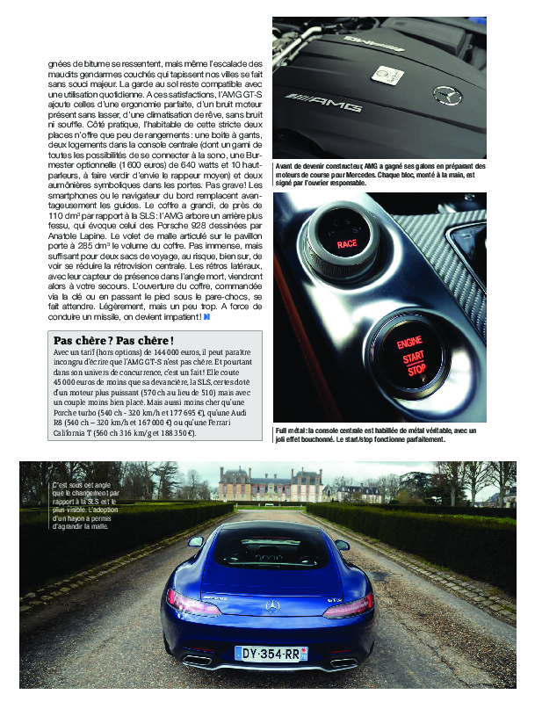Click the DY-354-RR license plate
pyautogui.click(x=271, y=654)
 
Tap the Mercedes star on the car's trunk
pyautogui.click(x=272, y=604)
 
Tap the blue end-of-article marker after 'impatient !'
pyautogui.click(x=207, y=316)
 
